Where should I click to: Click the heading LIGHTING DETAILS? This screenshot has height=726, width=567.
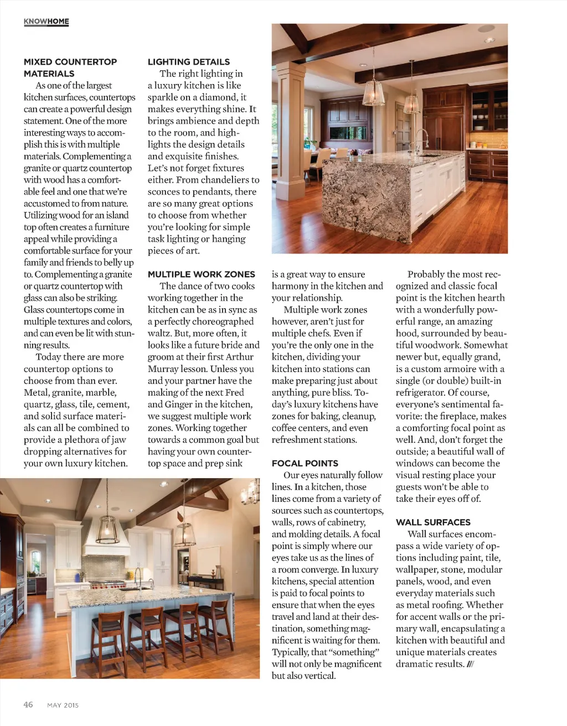188,62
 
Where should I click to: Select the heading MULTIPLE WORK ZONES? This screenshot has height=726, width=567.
201,274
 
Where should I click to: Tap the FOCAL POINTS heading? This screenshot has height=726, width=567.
305,464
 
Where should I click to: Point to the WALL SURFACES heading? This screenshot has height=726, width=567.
433,522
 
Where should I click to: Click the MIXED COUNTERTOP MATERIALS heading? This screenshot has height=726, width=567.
70,68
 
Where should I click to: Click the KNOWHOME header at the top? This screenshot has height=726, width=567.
47,22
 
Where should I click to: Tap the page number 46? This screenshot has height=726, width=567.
28,704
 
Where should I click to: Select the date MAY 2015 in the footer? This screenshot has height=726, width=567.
63,705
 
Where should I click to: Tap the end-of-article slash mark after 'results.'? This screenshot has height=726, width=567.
470,664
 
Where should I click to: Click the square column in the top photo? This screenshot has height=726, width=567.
288,133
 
